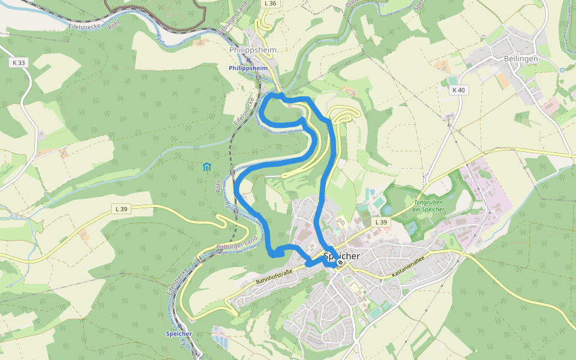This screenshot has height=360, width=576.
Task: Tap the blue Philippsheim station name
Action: point(248,68)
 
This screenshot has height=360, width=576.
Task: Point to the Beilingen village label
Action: point(517,59)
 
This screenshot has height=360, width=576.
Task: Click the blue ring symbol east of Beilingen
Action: point(562,70)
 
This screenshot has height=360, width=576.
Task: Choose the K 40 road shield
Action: point(458,90)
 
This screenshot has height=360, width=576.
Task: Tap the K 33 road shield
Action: point(19,62)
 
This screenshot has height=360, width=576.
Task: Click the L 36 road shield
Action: point(270,4)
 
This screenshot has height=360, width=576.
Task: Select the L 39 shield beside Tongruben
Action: point(381,222)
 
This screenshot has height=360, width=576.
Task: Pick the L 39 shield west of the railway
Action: point(121,209)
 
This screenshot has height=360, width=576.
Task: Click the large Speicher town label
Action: point(341,256)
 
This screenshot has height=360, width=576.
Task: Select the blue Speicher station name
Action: point(179,334)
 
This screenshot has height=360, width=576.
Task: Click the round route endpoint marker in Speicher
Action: point(340,262)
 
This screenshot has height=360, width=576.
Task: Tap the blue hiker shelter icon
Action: point(206,167)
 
